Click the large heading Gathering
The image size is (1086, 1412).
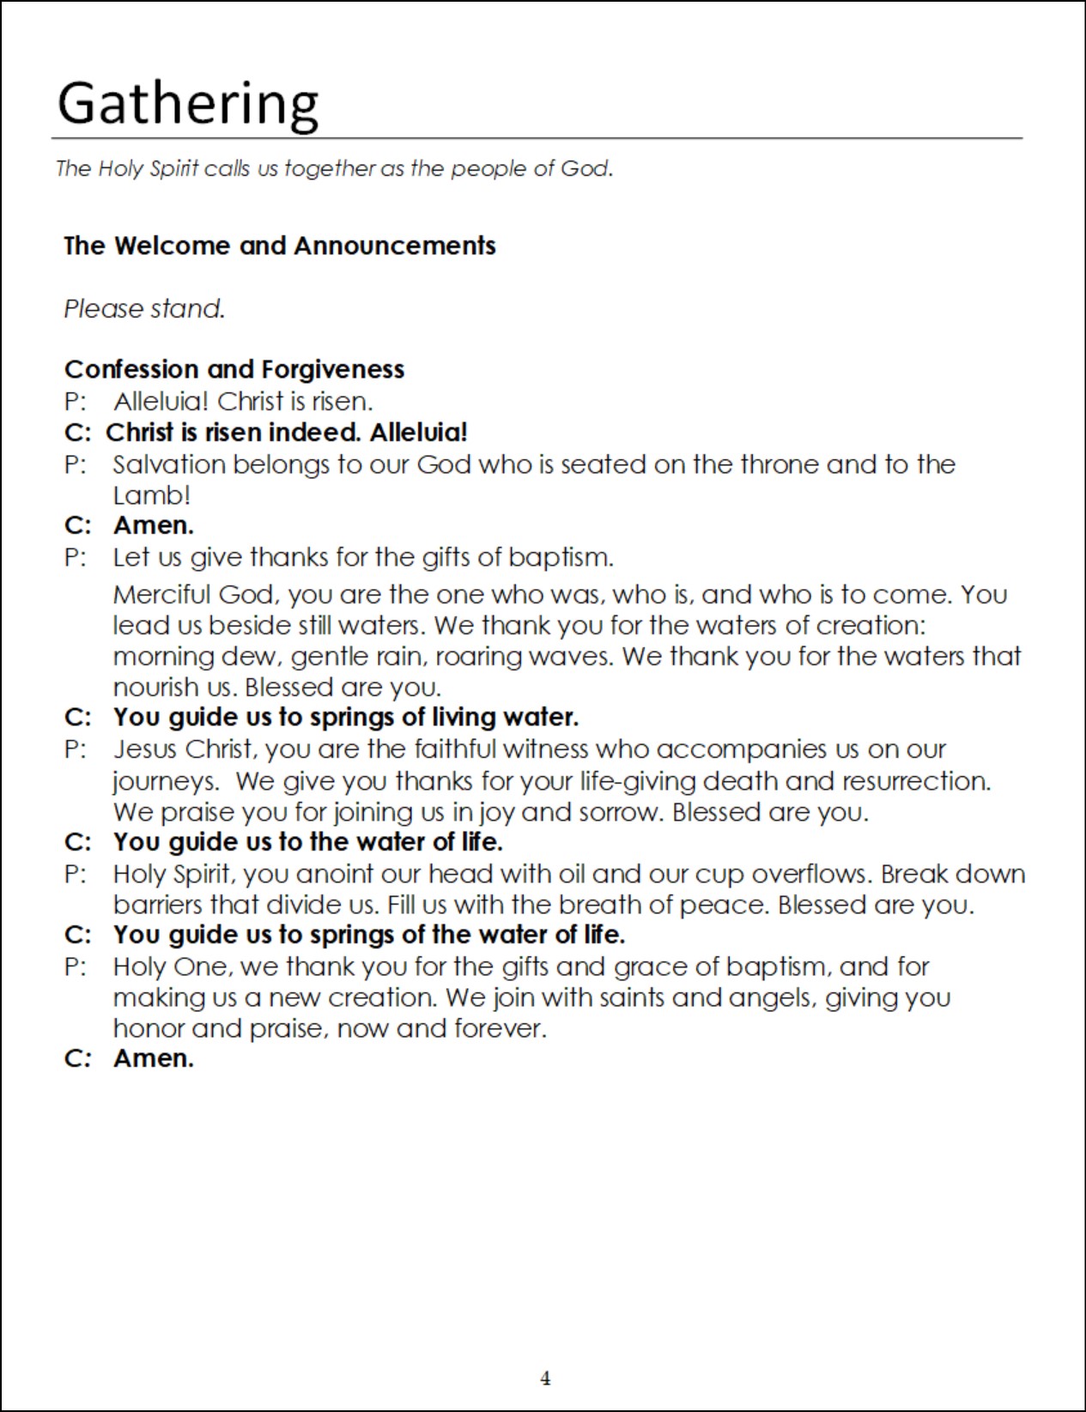[187, 104]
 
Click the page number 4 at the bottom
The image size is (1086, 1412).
[545, 1379]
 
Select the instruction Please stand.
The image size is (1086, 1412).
[144, 308]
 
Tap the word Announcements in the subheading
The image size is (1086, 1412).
[395, 245]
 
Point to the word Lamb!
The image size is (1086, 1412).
[151, 495]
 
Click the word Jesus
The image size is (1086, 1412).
[144, 749]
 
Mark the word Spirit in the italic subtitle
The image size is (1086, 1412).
[174, 168]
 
